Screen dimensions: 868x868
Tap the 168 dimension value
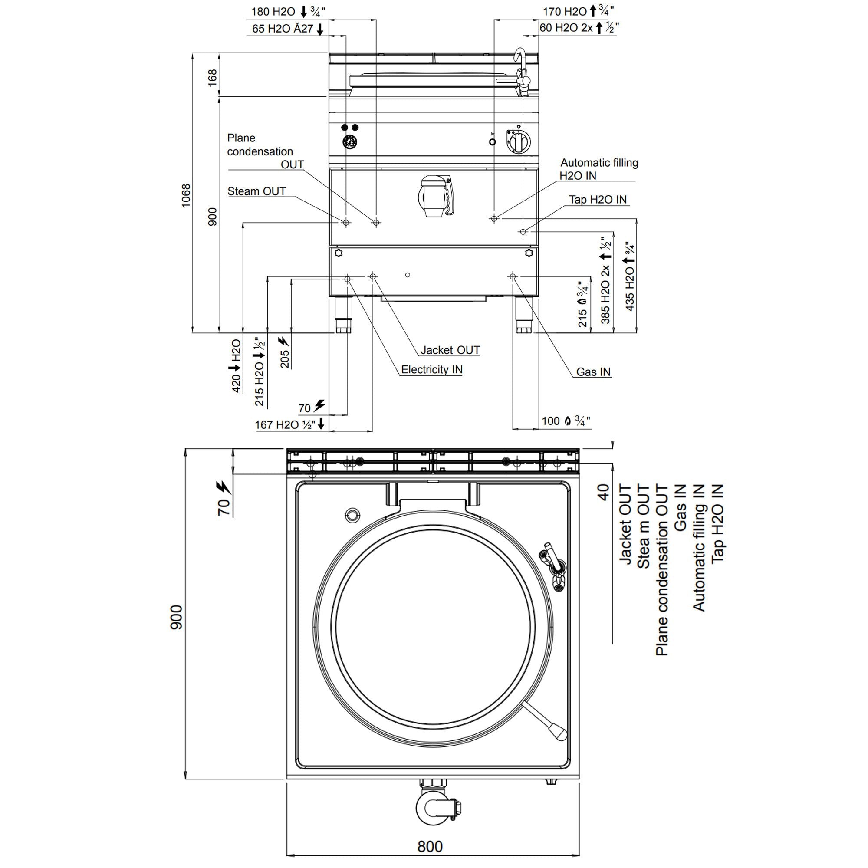pos(213,77)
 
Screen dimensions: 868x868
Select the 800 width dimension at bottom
pos(430,846)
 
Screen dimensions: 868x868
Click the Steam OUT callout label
pos(256,191)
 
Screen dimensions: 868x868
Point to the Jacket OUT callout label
pos(450,350)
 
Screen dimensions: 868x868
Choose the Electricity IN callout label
pos(431,370)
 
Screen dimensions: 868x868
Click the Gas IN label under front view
pos(593,372)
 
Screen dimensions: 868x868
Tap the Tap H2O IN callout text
pos(598,200)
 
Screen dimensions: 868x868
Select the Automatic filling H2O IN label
pos(598,169)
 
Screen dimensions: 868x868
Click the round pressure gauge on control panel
pos(349,142)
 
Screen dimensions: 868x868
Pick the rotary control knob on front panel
pos(518,143)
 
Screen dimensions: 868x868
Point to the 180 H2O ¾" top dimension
pos(288,11)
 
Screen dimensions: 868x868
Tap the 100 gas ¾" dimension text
pos(565,421)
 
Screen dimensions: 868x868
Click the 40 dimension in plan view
pos(603,492)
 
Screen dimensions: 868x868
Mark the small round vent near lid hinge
pos(353,514)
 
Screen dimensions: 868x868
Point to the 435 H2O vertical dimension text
pos(629,276)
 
